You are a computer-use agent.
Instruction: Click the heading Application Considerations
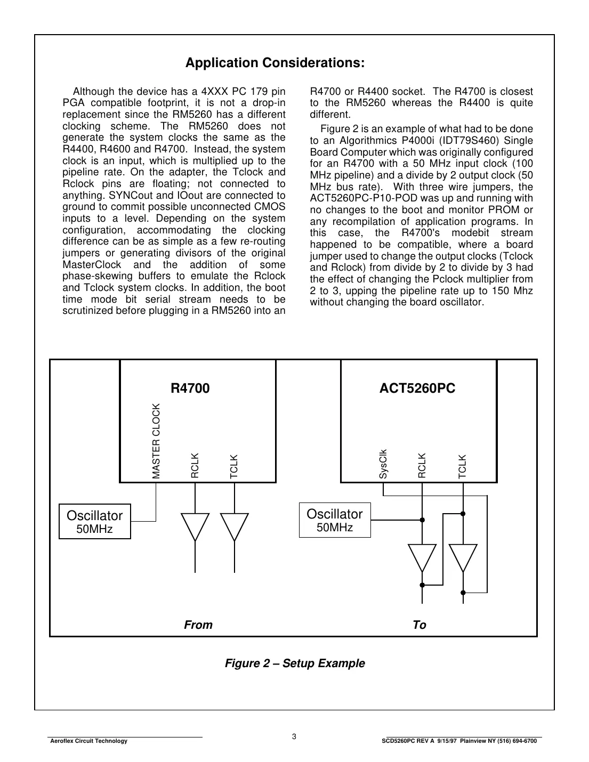(275, 63)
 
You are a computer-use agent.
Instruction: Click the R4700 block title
(190, 388)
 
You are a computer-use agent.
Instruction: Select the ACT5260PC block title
(417, 388)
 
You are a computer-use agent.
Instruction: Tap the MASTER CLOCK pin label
(156, 441)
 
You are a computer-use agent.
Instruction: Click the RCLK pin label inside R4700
(195, 465)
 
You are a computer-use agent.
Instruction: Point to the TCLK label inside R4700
(234, 466)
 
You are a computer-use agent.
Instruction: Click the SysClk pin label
(383, 464)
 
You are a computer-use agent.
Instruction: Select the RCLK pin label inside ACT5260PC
(422, 465)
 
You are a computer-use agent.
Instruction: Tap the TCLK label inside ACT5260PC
(463, 466)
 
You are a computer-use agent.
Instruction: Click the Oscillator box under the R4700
(94, 521)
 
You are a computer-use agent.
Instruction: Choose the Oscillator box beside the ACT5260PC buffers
(334, 520)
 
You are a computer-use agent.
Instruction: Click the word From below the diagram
(198, 625)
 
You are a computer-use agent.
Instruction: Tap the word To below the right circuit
(419, 625)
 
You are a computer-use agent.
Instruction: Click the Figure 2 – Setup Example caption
(295, 663)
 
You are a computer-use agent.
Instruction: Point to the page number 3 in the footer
(294, 737)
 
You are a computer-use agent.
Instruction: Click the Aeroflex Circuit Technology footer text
(88, 741)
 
